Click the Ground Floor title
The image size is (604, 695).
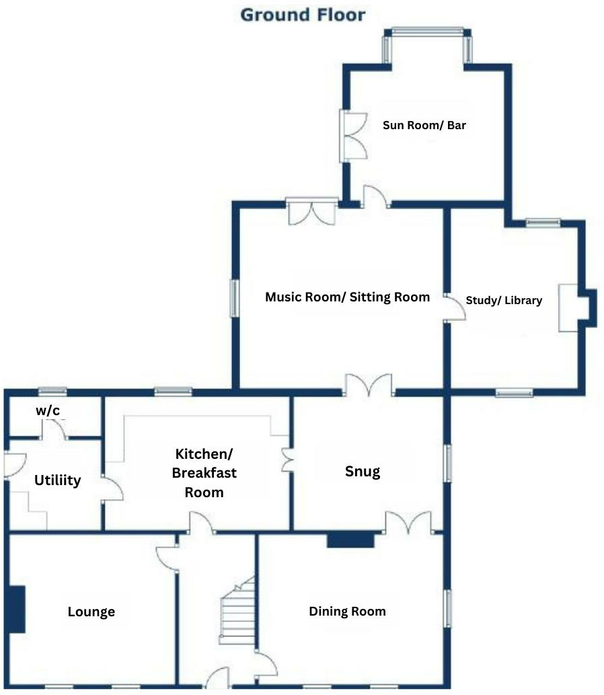(303, 14)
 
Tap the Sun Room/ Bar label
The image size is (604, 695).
(424, 125)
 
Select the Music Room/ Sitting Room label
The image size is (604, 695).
(347, 297)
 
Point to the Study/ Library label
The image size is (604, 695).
(504, 300)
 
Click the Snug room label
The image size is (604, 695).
(363, 471)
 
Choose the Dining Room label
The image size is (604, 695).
(347, 611)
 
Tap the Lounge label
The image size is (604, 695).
(91, 612)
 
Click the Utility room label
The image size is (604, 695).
(58, 480)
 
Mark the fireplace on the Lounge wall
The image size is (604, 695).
(17, 609)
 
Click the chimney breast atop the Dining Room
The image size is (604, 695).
(350, 540)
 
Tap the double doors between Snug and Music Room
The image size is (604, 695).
(368, 386)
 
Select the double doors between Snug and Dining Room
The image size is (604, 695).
(408, 523)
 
